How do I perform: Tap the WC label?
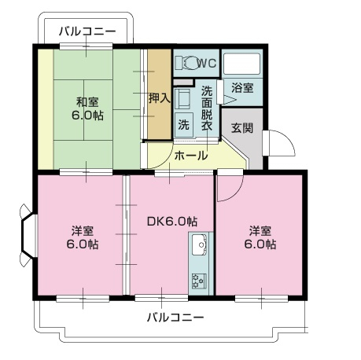click(206, 63)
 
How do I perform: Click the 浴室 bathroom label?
click(241, 88)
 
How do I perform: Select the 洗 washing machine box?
click(182, 124)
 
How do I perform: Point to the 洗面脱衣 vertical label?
click(207, 108)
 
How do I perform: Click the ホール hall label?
click(191, 156)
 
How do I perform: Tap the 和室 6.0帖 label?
click(89, 108)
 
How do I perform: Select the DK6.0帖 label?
click(171, 222)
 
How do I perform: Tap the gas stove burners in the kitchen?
click(198, 279)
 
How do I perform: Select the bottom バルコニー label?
click(175, 318)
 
